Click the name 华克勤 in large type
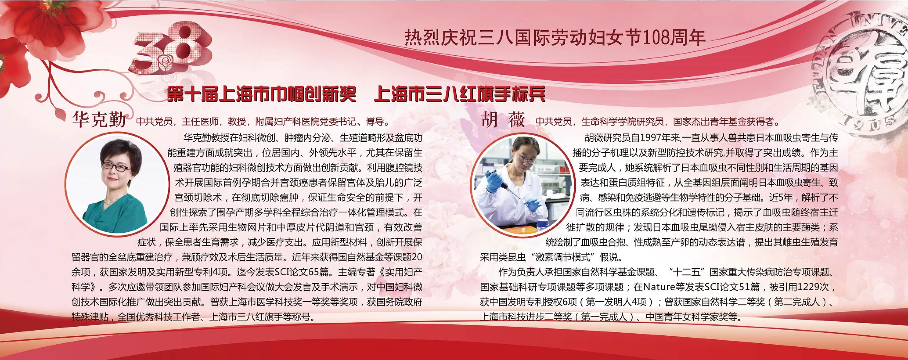pyautogui.click(x=99, y=119)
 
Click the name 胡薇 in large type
pyautogui.click(x=503, y=119)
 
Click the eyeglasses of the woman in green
pyautogui.click(x=116, y=167)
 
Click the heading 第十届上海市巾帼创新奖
pyautogui.click(x=261, y=95)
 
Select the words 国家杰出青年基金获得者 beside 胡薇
pyautogui.click(x=724, y=122)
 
